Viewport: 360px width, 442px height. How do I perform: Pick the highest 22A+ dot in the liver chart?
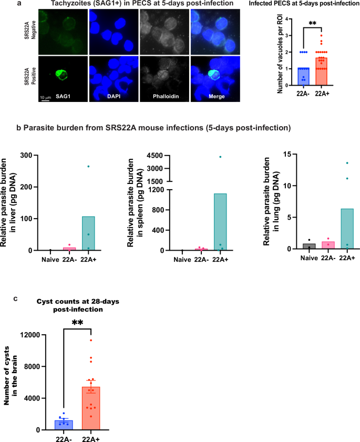tap(88, 167)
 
